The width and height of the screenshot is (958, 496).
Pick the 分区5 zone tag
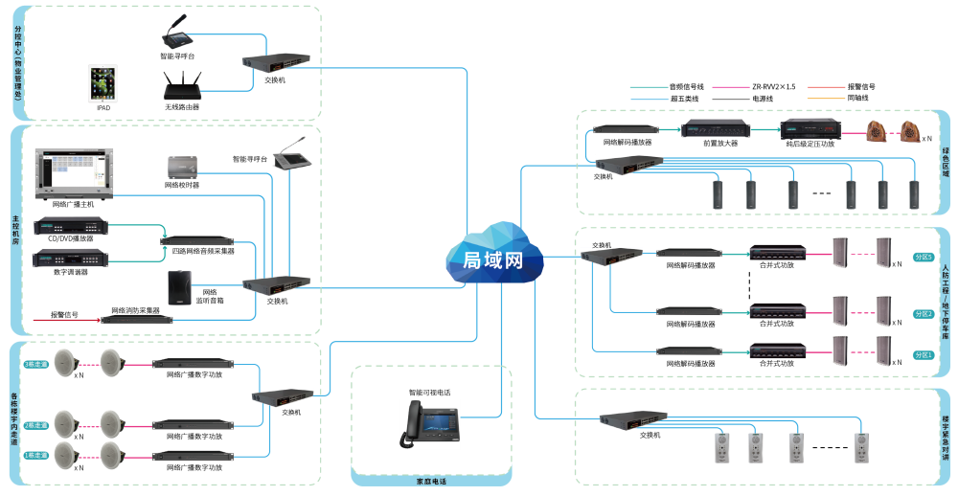[x=923, y=257]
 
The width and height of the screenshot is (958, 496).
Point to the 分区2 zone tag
[x=923, y=313]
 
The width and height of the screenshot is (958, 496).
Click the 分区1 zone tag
[x=923, y=355]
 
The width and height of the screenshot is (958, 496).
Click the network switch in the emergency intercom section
[x=633, y=418]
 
